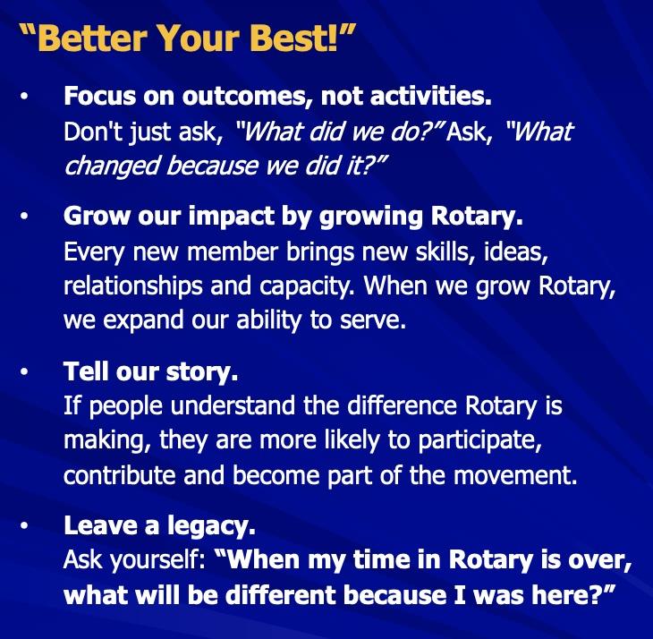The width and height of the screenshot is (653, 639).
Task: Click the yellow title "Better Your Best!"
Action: [x=188, y=38]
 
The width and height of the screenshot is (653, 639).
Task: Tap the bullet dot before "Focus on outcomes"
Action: [x=24, y=97]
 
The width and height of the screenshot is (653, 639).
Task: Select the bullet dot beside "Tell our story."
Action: [x=24, y=371]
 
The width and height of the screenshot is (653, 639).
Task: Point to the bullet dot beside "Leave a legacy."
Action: [x=24, y=525]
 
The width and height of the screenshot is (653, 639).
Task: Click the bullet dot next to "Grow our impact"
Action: [x=24, y=217]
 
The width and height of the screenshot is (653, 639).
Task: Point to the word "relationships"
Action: [x=132, y=287]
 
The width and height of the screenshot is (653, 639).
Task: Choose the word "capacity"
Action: [x=306, y=287]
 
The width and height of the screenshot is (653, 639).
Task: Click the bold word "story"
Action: [x=199, y=372]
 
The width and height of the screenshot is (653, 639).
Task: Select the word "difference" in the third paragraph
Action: [x=402, y=405]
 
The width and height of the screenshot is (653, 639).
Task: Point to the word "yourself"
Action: [x=157, y=560]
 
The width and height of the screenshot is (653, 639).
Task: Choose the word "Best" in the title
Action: [x=293, y=38]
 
